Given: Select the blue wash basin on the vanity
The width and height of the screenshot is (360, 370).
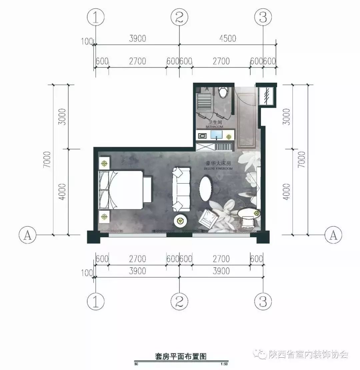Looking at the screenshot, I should point(216,135).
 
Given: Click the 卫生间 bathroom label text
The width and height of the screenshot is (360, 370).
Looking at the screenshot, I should point(214,122).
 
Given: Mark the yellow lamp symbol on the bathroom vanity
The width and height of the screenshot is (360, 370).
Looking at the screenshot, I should point(229,136).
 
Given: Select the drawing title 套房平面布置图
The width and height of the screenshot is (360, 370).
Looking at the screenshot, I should point(181,356).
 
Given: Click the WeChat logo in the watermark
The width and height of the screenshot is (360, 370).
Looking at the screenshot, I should point(260,354).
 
